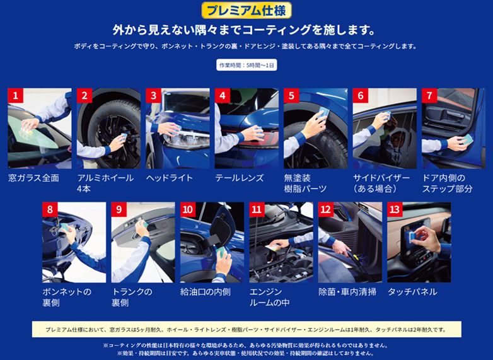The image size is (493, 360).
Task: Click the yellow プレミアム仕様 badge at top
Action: [x=246, y=10]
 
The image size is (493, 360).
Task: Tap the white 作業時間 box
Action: [x=246, y=65]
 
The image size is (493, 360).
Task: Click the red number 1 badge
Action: [x=15, y=95]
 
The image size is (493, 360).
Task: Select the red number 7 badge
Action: [x=429, y=95]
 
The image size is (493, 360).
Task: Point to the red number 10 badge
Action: [x=188, y=209]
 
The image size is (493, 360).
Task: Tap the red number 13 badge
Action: [x=395, y=209]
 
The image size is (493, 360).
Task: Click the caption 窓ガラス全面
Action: [x=33, y=178]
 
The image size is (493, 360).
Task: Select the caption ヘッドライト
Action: [x=169, y=178]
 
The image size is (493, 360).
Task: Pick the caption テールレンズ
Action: [x=240, y=178]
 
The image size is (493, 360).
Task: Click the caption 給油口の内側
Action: [x=206, y=292]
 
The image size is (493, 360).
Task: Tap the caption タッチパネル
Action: [x=412, y=292]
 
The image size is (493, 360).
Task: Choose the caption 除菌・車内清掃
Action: [x=347, y=292]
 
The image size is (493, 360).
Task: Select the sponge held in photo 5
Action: [x=323, y=113]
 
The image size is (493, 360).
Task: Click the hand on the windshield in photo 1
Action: [x=30, y=124]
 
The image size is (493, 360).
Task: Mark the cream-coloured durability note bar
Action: [x=246, y=330]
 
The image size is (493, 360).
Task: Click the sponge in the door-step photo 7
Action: [x=467, y=139]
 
